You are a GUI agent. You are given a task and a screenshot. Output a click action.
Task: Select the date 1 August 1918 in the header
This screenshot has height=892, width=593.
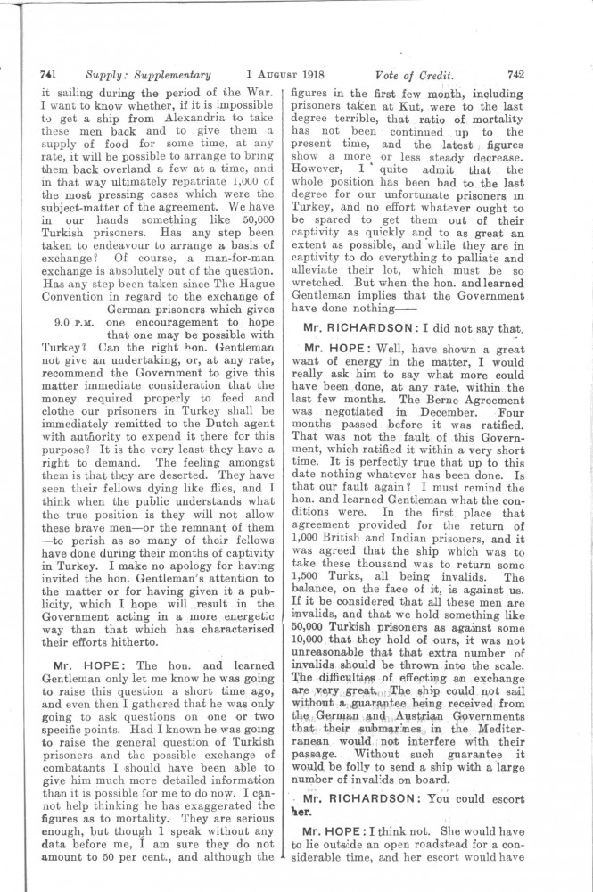[287, 77]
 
